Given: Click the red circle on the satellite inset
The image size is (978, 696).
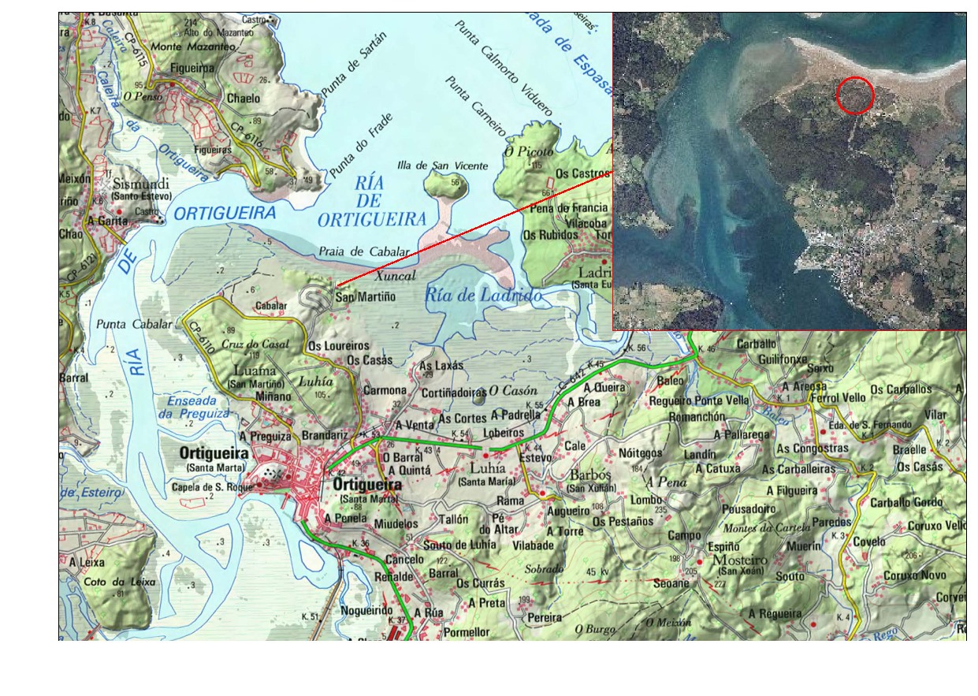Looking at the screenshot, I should (x=854, y=95).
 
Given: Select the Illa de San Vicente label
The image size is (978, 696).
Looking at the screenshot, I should (x=453, y=166).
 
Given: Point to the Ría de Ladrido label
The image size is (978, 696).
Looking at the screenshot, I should (x=484, y=296).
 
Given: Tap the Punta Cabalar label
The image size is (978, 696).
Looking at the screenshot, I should (x=134, y=324).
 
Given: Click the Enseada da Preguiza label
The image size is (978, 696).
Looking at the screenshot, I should (x=192, y=406).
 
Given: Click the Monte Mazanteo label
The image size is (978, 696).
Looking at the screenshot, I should (x=193, y=47).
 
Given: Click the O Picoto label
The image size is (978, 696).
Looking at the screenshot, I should (x=530, y=150).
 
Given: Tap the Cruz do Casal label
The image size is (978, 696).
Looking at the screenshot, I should (x=255, y=344).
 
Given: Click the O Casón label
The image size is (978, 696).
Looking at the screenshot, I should (x=512, y=390).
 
